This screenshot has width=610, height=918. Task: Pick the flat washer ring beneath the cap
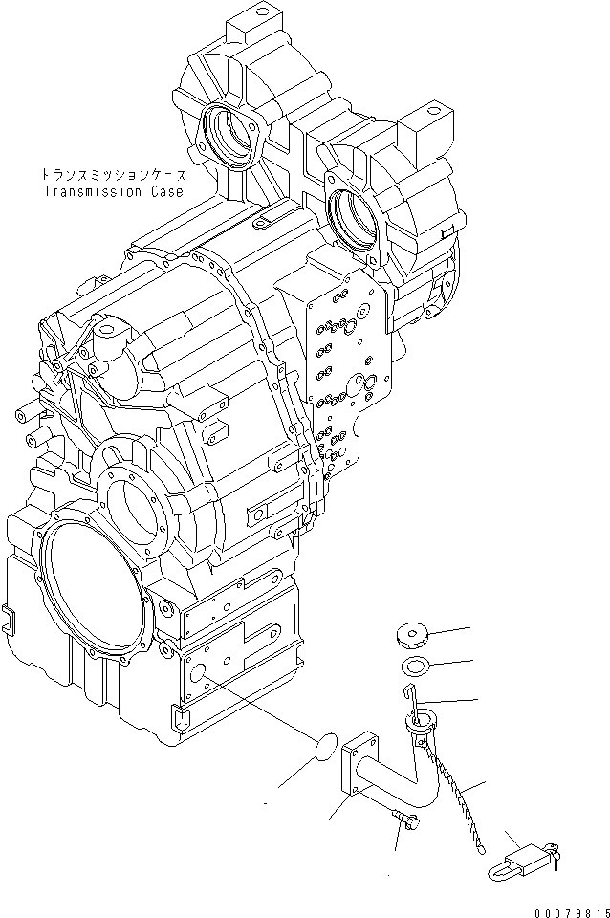coord(413,666)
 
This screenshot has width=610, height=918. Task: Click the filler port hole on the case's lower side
coord(204,675)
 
